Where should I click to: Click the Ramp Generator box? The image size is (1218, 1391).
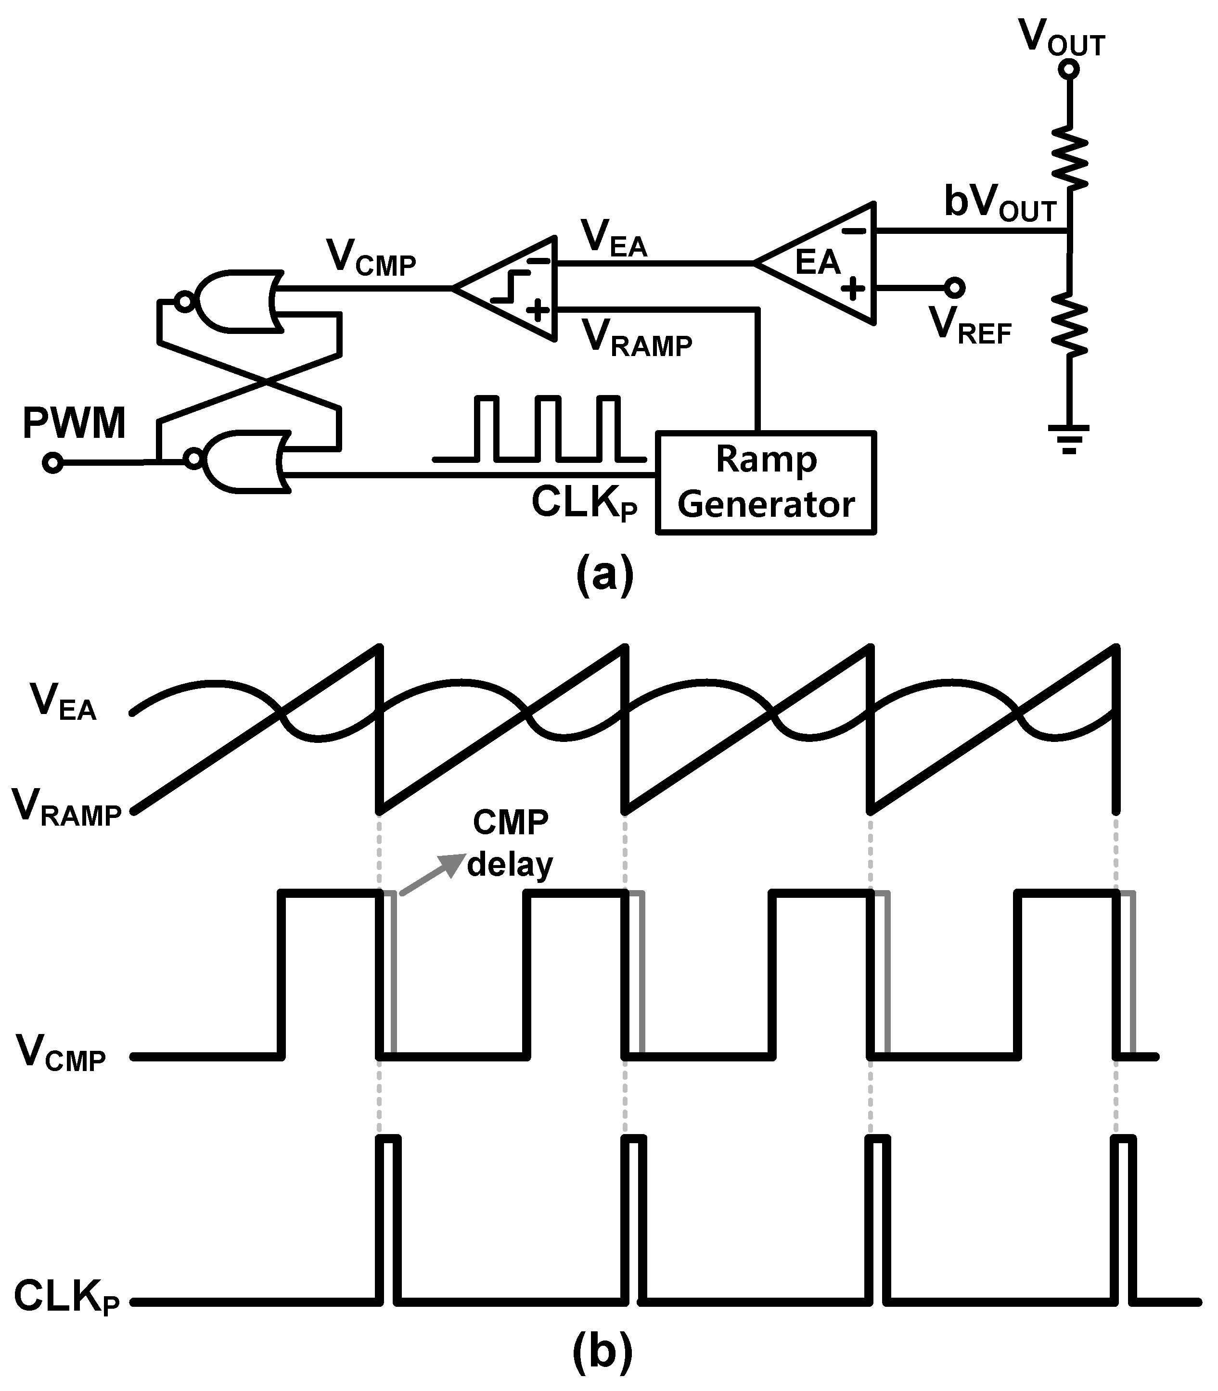pos(765,483)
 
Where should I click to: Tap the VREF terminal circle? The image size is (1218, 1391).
pos(954,288)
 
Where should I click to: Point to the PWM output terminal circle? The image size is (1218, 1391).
pos(52,463)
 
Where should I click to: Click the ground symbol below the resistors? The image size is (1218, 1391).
pos(1068,438)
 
